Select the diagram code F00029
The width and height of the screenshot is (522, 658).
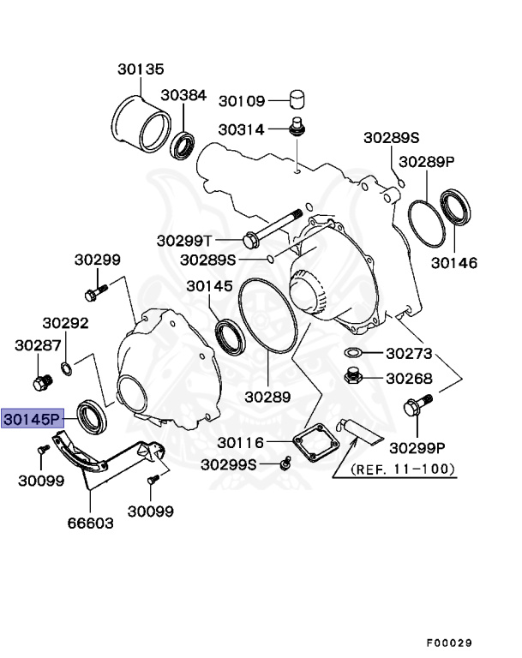(449, 642)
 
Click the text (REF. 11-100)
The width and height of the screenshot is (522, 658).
(403, 469)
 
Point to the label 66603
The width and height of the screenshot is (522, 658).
(90, 522)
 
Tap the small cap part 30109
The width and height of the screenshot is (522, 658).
(297, 99)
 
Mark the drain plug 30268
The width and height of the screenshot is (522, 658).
(352, 375)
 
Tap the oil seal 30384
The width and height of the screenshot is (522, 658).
(183, 147)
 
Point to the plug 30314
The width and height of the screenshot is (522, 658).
(297, 128)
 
